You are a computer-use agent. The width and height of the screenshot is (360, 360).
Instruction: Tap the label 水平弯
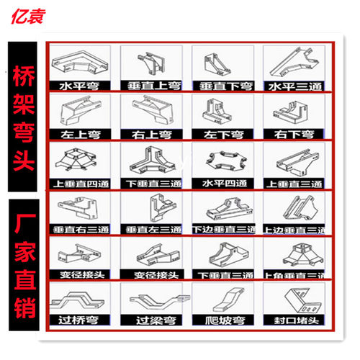(80, 86)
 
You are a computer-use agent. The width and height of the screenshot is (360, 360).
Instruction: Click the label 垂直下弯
(221, 86)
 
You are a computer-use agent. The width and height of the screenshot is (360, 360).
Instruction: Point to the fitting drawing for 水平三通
(291, 63)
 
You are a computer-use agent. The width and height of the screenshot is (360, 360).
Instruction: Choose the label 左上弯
(80, 134)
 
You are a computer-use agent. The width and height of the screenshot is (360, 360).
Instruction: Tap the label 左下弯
(221, 134)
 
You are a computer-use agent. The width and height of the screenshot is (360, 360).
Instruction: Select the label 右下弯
(292, 134)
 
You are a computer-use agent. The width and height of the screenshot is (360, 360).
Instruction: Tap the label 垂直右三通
(80, 229)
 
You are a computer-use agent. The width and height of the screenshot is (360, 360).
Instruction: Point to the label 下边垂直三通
(222, 229)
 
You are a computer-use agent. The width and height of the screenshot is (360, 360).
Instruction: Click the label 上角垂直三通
(292, 276)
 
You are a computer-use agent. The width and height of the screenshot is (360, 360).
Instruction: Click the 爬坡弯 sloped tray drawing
(221, 301)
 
